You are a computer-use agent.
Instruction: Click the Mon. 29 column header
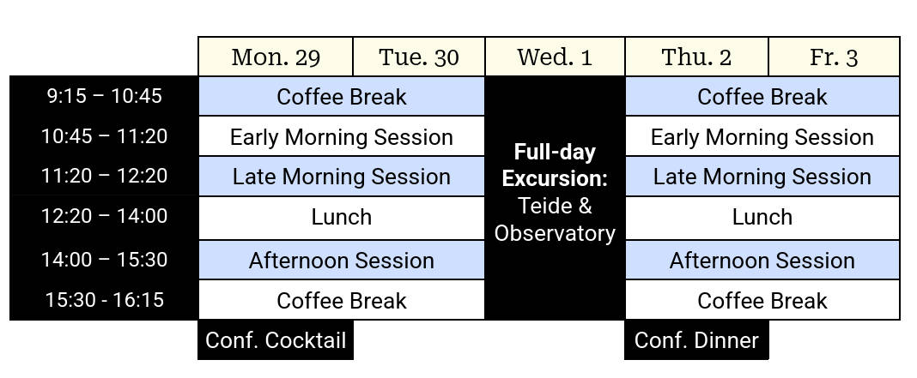coord(276,57)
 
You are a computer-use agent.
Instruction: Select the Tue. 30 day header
coord(419,57)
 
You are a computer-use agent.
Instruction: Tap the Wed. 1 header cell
coord(555,57)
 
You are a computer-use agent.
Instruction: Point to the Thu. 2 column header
coord(696,57)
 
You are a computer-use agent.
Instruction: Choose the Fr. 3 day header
coord(834,57)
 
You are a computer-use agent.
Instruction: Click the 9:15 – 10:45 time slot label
coord(104,96)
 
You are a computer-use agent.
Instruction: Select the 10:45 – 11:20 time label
coord(104,136)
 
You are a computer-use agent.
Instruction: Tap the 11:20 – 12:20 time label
coord(104,176)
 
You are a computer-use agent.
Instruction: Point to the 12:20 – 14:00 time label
coord(104,216)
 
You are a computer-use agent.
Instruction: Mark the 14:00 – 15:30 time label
coord(104,260)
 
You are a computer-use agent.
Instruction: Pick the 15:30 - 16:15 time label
coord(104,300)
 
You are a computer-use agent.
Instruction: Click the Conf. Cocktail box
coord(276,340)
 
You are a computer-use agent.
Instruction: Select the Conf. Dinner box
coord(696,340)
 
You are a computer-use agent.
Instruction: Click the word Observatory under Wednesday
coord(555,233)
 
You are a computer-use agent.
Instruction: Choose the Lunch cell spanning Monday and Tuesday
coord(342,218)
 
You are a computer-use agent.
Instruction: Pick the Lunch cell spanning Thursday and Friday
coord(762,218)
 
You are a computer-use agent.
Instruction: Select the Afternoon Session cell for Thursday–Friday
coord(762,260)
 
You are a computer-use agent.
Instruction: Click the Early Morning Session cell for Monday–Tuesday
coord(342,136)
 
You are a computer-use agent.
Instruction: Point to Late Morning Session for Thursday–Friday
coord(762,177)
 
